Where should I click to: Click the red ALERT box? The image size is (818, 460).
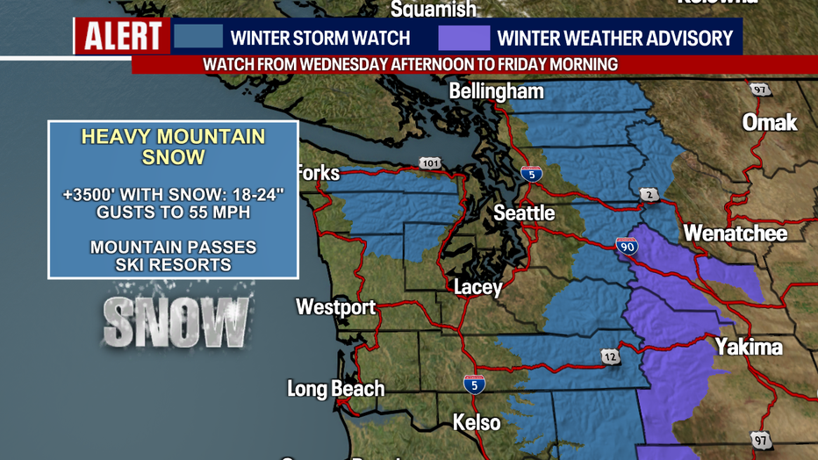[x=123, y=37]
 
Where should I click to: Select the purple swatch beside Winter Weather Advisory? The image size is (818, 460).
[x=463, y=38]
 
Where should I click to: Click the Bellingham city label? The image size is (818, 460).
[x=496, y=91]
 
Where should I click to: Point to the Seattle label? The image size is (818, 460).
[x=524, y=213]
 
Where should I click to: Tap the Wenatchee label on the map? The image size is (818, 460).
[x=735, y=234]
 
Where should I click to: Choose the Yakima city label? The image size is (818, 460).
[x=748, y=347]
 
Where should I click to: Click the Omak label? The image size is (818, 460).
[x=769, y=122]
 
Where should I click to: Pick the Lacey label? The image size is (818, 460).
[x=478, y=287]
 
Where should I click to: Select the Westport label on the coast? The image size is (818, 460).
[x=335, y=307]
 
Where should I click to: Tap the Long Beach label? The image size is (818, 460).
[x=335, y=389]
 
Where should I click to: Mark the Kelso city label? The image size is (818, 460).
[x=477, y=422]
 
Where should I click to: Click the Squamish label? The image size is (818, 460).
[x=433, y=10]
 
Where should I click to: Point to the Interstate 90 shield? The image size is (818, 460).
[x=627, y=246]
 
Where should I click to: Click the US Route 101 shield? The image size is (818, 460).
[x=430, y=163]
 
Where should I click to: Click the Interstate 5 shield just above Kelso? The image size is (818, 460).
[x=474, y=383]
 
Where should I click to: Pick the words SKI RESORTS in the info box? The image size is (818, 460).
[x=173, y=264]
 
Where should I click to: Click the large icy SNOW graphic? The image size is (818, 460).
[x=176, y=322]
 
